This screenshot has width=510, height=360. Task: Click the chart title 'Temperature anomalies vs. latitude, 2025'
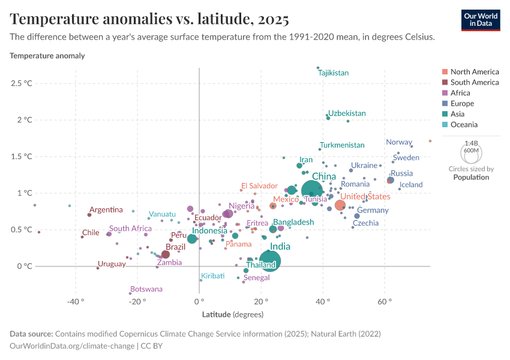pyautogui.click(x=149, y=19)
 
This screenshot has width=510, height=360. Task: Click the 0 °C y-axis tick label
pyautogui.click(x=25, y=266)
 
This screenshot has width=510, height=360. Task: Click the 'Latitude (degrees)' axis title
pyautogui.click(x=232, y=314)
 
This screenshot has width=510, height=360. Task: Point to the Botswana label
pyautogui.click(x=146, y=289)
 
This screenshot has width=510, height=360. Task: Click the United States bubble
pyautogui.click(x=340, y=205)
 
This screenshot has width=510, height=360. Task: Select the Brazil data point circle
pyautogui.click(x=166, y=254)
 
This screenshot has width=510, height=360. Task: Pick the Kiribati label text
pyautogui.click(x=212, y=275)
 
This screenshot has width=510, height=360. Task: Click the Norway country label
pyautogui.click(x=399, y=142)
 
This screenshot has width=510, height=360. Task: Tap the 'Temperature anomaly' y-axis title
pyautogui.click(x=47, y=56)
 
